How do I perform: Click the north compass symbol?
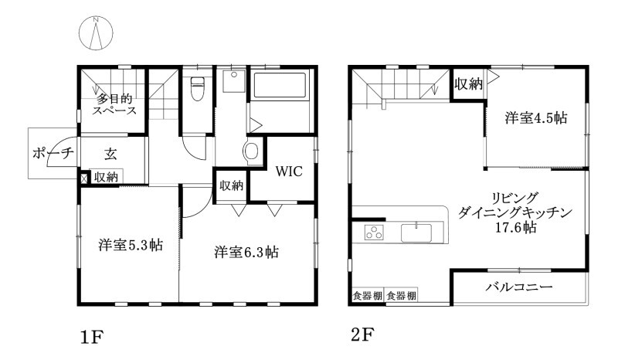[x=97, y=32]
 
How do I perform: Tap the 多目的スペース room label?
[x=115, y=104]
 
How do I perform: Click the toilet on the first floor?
[x=196, y=89]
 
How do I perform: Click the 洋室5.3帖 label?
[x=130, y=245]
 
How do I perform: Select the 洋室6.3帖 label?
[x=246, y=252]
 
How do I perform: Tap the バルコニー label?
[x=518, y=287]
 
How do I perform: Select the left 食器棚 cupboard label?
[x=367, y=296]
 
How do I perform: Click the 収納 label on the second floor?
[x=468, y=83]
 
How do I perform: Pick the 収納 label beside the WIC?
[x=231, y=185]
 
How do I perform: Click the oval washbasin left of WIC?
[x=252, y=151]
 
